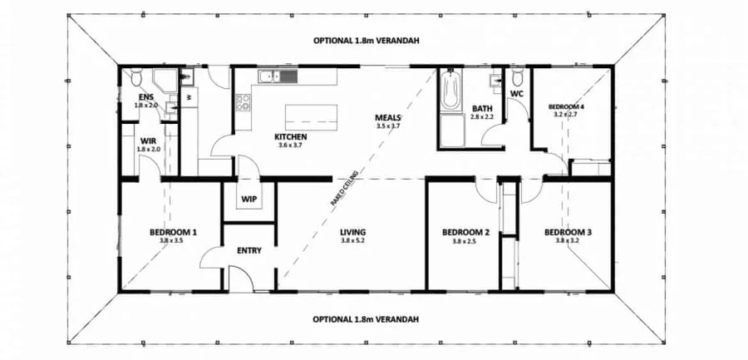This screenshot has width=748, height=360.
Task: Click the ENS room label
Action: click(x=146, y=97)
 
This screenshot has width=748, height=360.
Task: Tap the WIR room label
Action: click(x=148, y=141)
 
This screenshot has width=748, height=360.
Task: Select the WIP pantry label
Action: click(x=249, y=200)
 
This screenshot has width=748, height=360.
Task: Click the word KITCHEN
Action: click(x=291, y=136)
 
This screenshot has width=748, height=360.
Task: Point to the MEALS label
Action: click(x=388, y=118)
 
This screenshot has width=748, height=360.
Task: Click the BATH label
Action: click(x=482, y=109)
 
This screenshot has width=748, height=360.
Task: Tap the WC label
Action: click(x=515, y=94)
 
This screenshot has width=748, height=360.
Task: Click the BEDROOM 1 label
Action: click(x=173, y=232)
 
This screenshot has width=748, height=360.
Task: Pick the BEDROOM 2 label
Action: click(x=465, y=232)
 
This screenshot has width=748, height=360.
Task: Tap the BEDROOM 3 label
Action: click(x=568, y=232)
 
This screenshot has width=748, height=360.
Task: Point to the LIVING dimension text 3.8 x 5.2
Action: click(x=353, y=241)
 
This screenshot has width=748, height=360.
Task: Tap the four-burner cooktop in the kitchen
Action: click(x=244, y=103)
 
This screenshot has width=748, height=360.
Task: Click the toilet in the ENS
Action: click(x=135, y=79)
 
